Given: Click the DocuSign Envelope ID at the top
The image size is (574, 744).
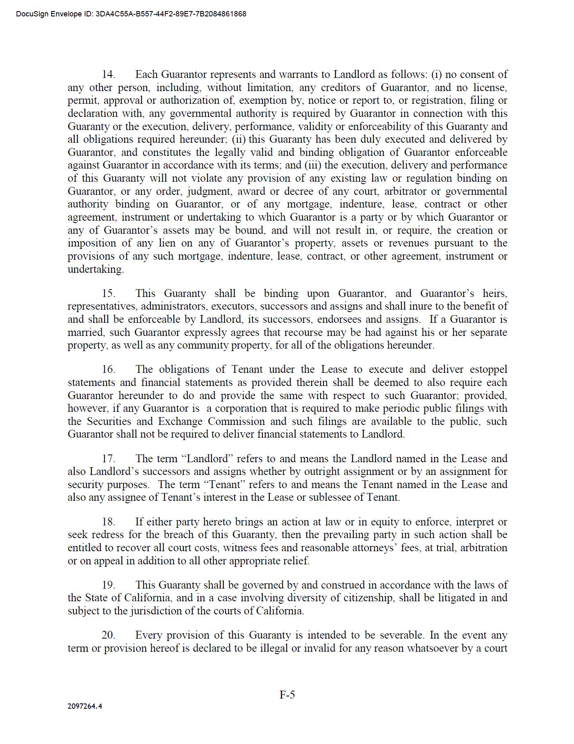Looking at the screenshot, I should point(131,14).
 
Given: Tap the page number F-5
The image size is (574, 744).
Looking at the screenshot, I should point(287,695).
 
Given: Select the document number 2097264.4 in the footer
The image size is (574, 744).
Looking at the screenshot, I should point(85,706).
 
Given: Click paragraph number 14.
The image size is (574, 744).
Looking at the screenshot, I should point(108,75).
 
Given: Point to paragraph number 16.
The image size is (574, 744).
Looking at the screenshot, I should point(108,370).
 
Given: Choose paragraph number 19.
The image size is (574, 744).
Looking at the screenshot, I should point(108,585).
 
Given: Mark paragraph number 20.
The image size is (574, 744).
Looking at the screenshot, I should point(108,635).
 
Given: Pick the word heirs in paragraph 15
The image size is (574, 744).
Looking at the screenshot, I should point(495,294).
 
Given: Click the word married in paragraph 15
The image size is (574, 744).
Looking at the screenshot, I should point(86,333).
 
